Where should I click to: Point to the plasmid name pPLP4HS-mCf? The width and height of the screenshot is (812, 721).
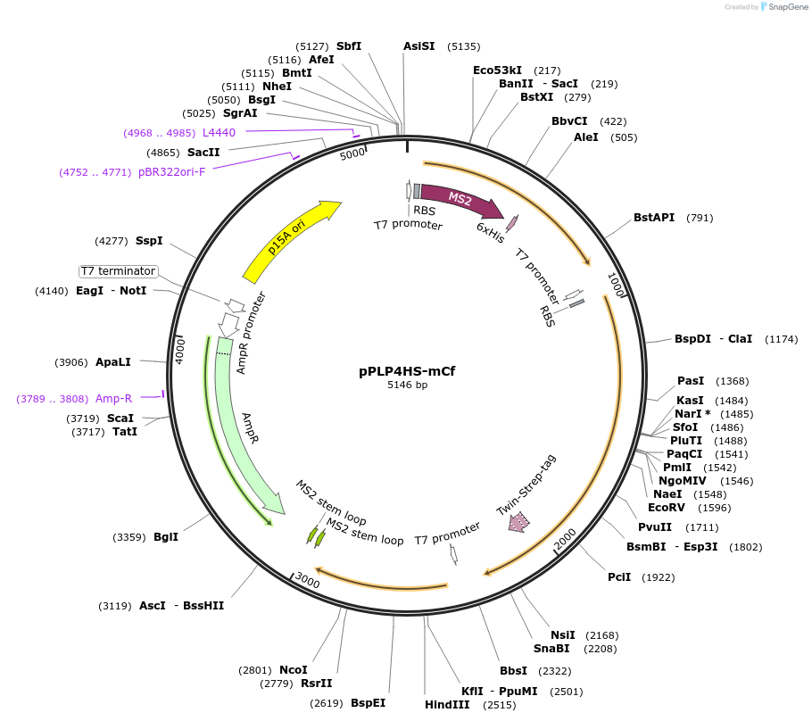click(407, 371)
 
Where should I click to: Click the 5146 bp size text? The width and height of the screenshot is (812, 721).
click(407, 385)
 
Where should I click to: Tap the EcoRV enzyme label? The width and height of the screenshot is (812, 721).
click(665, 507)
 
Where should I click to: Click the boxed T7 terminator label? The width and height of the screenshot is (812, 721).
click(118, 271)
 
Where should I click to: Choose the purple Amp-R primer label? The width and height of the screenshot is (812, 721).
click(113, 399)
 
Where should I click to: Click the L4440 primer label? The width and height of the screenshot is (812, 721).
click(219, 132)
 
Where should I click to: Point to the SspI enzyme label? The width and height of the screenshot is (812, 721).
click(149, 240)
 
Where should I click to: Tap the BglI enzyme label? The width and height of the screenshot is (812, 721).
click(166, 536)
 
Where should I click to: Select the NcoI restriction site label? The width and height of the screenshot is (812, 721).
click(294, 669)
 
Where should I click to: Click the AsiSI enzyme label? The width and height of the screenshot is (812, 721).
click(419, 46)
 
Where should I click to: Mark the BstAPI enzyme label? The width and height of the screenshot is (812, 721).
click(654, 217)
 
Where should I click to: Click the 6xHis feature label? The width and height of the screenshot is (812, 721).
click(491, 233)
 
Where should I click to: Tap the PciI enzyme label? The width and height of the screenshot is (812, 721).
click(619, 576)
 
